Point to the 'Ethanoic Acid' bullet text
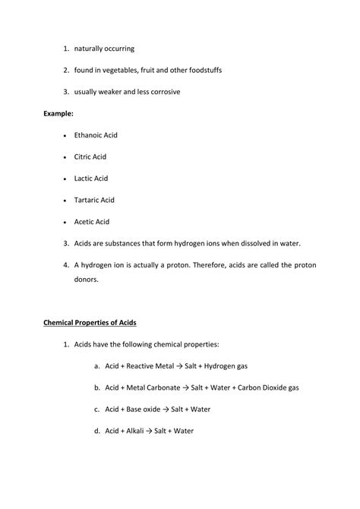96,135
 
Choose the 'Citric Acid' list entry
91,156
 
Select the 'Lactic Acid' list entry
91,179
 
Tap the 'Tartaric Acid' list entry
94,200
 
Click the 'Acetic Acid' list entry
92,222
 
